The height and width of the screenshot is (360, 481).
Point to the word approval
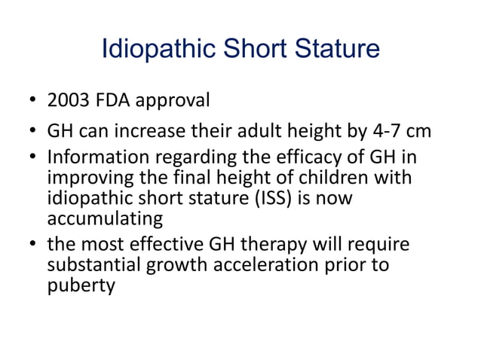click(x=173, y=101)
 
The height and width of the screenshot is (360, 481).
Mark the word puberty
click(x=81, y=285)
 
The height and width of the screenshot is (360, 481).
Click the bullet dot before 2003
click(x=34, y=101)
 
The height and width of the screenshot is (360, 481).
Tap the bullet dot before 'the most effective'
click(x=34, y=246)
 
